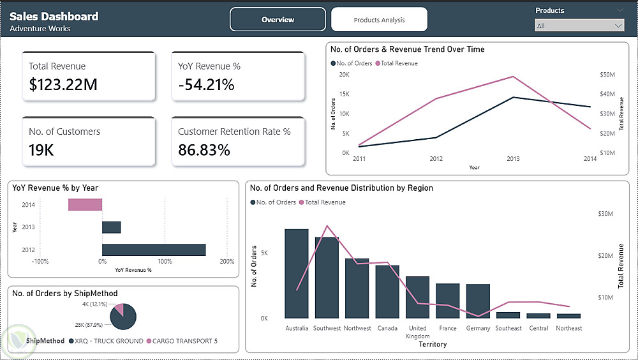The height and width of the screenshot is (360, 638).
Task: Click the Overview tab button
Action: [x=278, y=20]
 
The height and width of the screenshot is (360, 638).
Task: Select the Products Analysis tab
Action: [x=379, y=20]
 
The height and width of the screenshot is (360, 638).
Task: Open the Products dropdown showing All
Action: [x=579, y=26]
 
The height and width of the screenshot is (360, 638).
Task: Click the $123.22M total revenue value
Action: [x=63, y=84]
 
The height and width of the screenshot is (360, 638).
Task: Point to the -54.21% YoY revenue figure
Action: [x=206, y=84]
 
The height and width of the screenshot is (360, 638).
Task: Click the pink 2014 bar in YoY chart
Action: [x=85, y=204]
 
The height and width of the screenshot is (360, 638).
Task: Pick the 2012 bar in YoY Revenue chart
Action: [x=154, y=250]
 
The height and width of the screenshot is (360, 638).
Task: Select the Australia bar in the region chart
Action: [x=297, y=273]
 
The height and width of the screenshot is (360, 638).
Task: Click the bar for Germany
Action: [x=478, y=301]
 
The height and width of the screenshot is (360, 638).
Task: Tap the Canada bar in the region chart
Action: [x=387, y=291]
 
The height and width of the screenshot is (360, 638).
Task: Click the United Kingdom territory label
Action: [x=418, y=332]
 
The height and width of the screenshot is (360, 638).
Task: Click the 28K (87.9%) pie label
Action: [x=98, y=324]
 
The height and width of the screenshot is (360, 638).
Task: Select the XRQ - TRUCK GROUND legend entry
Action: [x=106, y=341]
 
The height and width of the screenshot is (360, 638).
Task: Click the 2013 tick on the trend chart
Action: [x=514, y=159]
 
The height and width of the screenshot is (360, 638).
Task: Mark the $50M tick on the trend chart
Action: [x=607, y=75]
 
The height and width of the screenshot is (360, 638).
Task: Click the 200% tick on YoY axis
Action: [x=226, y=262]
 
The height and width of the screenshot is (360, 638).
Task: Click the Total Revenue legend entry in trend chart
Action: [x=399, y=63]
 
